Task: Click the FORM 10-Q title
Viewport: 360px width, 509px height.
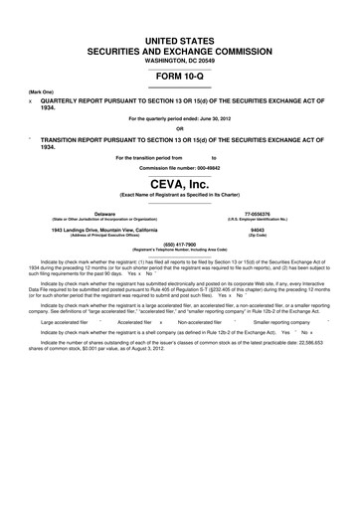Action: [180, 77]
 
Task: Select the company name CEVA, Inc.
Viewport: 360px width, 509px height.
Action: [180, 183]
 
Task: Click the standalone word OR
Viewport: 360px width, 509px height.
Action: [180, 128]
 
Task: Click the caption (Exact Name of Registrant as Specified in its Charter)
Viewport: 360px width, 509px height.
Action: [180, 194]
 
